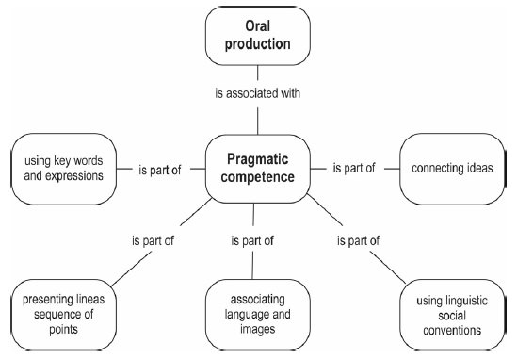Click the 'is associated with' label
[257, 93]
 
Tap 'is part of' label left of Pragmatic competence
[157, 169]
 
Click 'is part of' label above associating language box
[251, 240]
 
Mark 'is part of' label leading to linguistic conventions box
[356, 240]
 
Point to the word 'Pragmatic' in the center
[257, 159]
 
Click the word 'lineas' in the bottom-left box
[92, 301]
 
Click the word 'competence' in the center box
[257, 178]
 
